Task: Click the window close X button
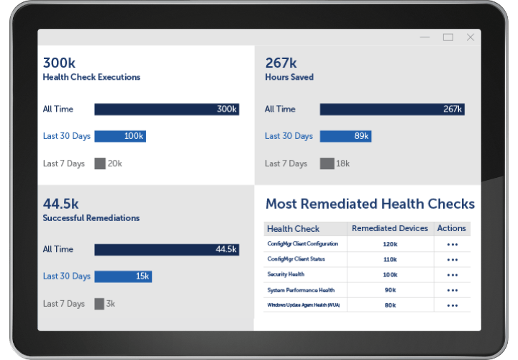471,37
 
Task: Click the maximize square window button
448,37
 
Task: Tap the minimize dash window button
427,37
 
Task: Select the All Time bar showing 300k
166,109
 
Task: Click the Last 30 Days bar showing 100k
120,136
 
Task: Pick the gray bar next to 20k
100,163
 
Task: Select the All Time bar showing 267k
392,109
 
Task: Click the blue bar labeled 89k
345,136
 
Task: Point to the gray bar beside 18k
327,163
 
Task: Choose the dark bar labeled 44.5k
166,249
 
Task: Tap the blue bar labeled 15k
123,276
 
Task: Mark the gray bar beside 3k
99,304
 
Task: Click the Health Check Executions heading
91,77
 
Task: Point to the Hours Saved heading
289,77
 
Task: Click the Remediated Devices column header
390,228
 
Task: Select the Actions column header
452,228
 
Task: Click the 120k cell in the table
390,244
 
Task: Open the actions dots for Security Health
452,274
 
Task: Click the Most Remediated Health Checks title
370,204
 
